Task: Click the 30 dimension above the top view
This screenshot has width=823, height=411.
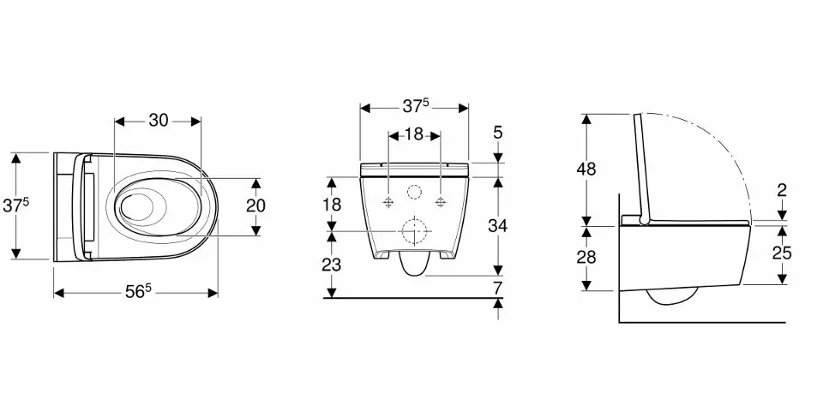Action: click(158, 121)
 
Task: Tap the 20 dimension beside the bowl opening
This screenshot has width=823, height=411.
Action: click(255, 205)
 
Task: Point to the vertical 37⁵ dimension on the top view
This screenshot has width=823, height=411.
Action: click(15, 205)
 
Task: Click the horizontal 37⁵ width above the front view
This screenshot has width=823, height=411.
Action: click(416, 106)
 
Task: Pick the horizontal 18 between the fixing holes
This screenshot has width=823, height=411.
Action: click(413, 134)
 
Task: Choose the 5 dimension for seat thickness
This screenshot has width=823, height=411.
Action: click(497, 133)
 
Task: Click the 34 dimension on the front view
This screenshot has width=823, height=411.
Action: click(497, 226)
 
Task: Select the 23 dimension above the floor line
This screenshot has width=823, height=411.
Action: click(331, 265)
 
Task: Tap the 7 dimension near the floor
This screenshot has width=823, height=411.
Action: click(497, 288)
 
